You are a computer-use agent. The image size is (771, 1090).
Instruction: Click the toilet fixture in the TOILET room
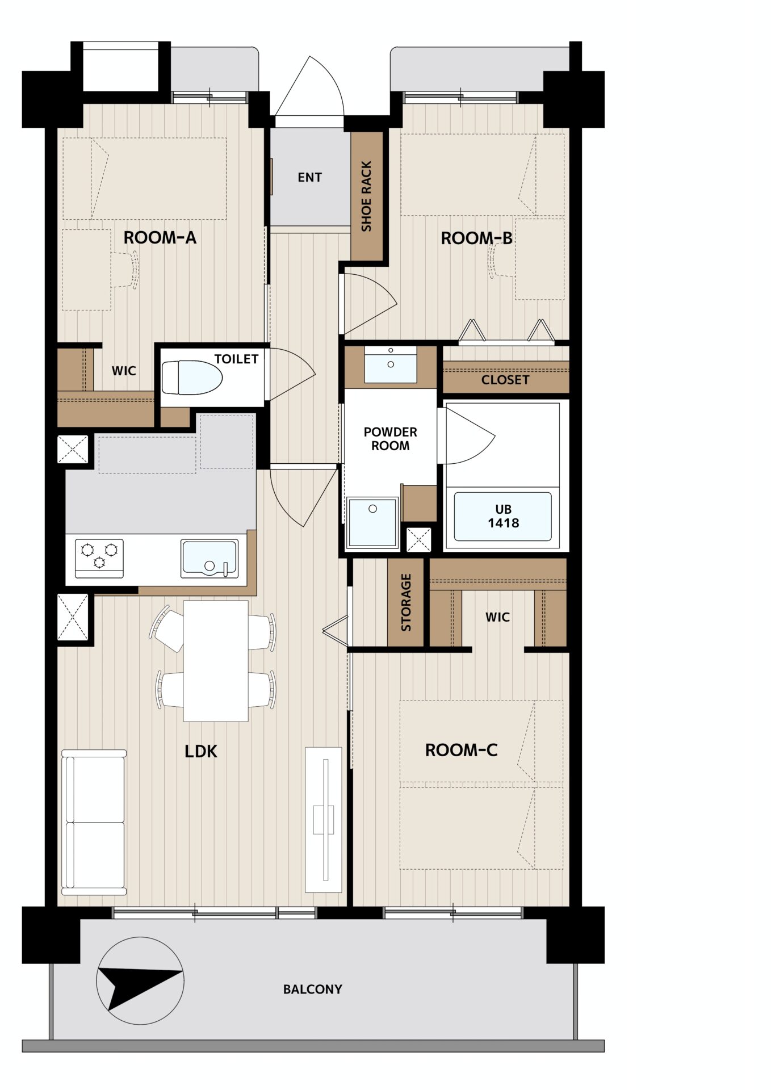(x=192, y=378)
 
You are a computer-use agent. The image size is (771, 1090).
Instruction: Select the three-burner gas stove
(x=99, y=558)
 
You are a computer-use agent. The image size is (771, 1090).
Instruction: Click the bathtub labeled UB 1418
(x=503, y=517)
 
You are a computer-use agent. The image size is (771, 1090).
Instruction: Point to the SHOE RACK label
(x=366, y=196)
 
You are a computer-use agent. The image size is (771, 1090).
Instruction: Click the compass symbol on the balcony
(x=140, y=980)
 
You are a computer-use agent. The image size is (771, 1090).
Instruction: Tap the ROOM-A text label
(x=160, y=237)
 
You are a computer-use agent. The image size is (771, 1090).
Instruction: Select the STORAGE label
(x=406, y=602)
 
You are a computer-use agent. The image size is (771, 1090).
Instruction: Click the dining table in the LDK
(x=216, y=661)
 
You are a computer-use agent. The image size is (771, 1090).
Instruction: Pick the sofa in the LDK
(x=94, y=823)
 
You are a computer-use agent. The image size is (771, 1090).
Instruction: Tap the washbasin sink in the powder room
(x=391, y=364)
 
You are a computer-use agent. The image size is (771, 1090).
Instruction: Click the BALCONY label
(x=313, y=990)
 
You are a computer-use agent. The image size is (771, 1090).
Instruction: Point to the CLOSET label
(x=505, y=380)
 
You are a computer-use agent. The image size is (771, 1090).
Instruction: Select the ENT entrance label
(x=310, y=178)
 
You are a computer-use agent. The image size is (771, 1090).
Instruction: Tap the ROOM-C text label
(x=462, y=750)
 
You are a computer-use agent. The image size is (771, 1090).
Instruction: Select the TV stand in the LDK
(x=324, y=820)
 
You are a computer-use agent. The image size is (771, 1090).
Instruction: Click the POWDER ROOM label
(x=391, y=439)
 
